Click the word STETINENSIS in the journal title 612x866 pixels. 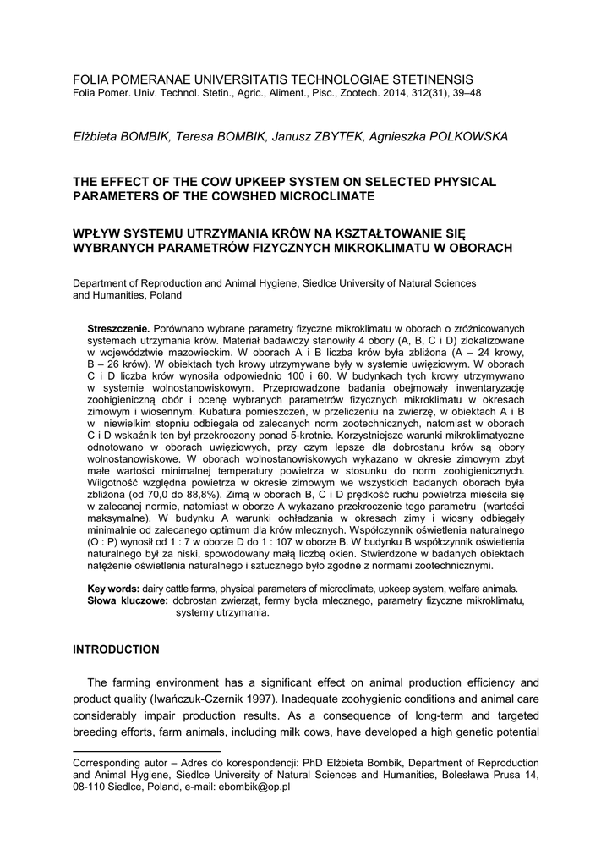(428, 79)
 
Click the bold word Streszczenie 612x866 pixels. (118, 327)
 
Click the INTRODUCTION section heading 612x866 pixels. (116, 649)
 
